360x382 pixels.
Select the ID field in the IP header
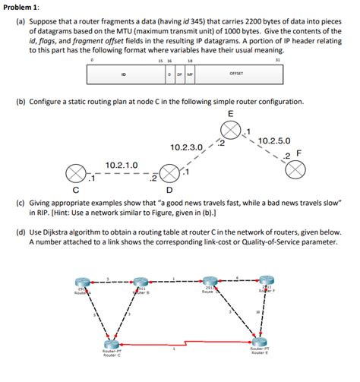(x=124, y=74)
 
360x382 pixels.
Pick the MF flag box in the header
(x=189, y=74)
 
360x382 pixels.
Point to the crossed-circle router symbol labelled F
(x=295, y=170)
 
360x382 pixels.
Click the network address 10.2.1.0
(x=121, y=165)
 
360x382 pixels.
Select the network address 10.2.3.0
(x=187, y=147)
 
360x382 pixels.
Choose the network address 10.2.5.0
(x=274, y=141)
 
